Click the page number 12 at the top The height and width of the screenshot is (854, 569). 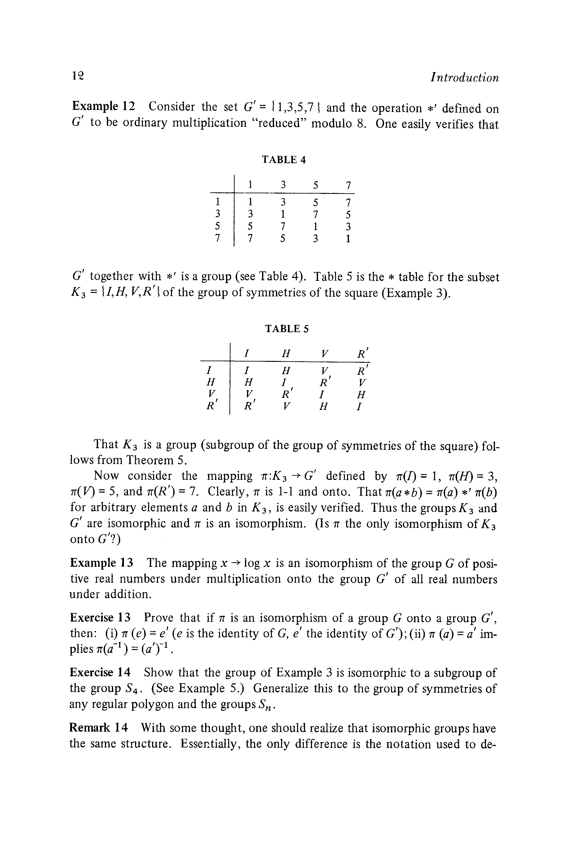click(78, 76)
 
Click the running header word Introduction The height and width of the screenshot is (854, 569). click(464, 78)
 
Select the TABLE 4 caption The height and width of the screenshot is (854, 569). click(284, 159)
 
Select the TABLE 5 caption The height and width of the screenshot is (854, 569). click(286, 328)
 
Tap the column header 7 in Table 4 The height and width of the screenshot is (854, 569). click(348, 186)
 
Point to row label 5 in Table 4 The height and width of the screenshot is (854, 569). click(217, 226)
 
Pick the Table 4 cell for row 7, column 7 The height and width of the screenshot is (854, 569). click(348, 238)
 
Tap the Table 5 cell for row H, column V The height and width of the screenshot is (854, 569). click(323, 382)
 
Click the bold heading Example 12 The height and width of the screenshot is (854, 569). click(103, 106)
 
